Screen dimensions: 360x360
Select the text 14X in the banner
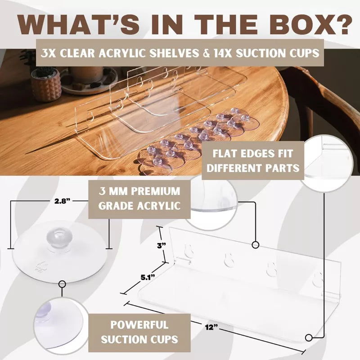click(x=223, y=53)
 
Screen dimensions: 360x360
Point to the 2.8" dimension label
click(x=62, y=201)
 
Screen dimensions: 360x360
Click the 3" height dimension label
click(x=161, y=245)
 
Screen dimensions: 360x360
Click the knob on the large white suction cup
click(x=59, y=238)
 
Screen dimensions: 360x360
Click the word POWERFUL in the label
click(x=139, y=324)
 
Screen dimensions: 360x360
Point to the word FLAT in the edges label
click(x=224, y=153)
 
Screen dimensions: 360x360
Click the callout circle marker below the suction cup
click(x=62, y=284)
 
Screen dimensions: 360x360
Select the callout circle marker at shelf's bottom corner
click(x=309, y=338)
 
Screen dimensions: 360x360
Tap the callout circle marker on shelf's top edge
click(x=256, y=245)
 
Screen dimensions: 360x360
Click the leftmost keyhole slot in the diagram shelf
click(x=189, y=250)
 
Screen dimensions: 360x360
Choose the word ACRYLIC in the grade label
click(x=159, y=206)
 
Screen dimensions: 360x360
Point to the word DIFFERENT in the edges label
click(x=233, y=168)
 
